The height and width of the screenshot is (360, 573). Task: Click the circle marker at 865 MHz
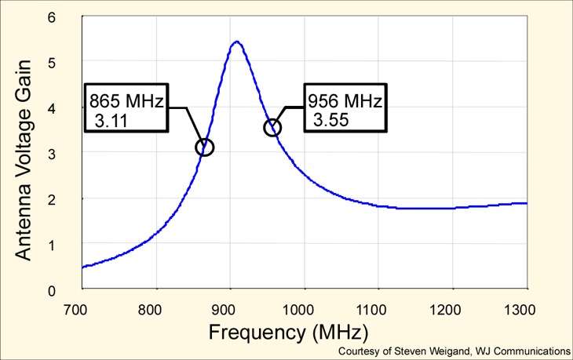coord(205,147)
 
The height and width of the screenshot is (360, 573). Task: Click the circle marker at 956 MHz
coord(272,127)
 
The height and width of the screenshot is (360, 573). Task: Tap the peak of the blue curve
coord(237,42)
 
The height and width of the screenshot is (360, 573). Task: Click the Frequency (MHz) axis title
coord(288,331)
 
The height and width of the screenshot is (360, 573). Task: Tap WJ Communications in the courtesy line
coord(522,351)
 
